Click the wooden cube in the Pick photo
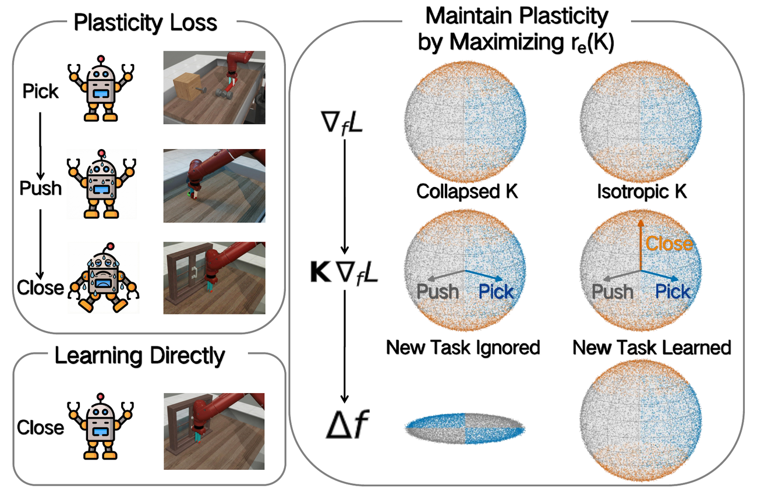[188, 87]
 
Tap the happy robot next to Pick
[101, 89]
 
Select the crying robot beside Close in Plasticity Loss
[103, 277]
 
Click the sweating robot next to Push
[101, 184]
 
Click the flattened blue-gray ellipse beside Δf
[465, 429]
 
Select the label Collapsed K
[467, 192]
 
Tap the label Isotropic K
[642, 192]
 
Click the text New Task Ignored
[463, 347]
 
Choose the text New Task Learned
[652, 347]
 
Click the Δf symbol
[348, 424]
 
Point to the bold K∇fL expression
[344, 272]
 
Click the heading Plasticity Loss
[146, 23]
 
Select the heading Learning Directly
[140, 356]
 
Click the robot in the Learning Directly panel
[100, 426]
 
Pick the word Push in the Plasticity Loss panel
[41, 188]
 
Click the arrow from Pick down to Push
[40, 146]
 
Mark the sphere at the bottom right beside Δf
[641, 420]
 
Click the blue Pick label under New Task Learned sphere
[673, 291]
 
